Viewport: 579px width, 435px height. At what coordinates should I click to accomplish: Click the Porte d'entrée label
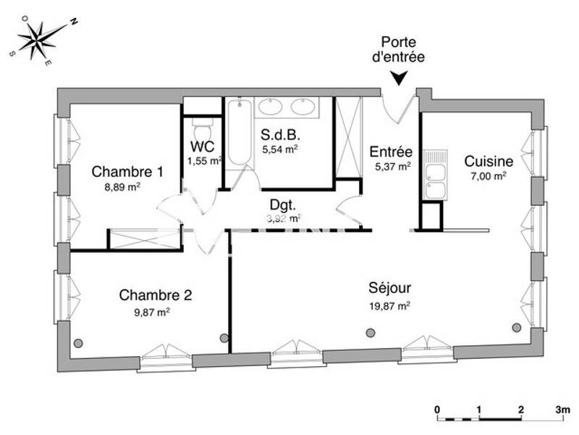point(400,50)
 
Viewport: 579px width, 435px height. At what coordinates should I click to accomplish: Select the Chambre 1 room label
point(127,172)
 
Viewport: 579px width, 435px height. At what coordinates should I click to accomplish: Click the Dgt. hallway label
point(284,204)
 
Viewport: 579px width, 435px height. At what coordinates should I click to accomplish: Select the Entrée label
point(391,152)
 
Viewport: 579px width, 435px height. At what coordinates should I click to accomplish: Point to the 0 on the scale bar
point(437,410)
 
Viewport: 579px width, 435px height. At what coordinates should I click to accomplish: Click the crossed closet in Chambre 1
point(143,240)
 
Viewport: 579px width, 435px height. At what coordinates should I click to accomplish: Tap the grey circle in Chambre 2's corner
point(77,343)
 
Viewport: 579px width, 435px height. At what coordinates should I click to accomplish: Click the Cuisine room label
point(489,161)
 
